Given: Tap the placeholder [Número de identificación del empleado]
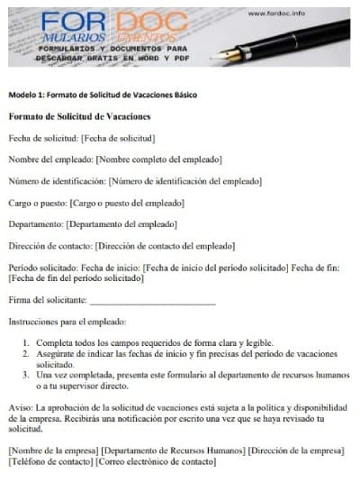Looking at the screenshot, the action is (185, 181).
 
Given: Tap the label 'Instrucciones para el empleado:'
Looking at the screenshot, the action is (67, 322).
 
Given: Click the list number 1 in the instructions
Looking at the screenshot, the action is (26, 343).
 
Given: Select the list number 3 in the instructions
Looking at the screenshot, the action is (26, 373).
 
